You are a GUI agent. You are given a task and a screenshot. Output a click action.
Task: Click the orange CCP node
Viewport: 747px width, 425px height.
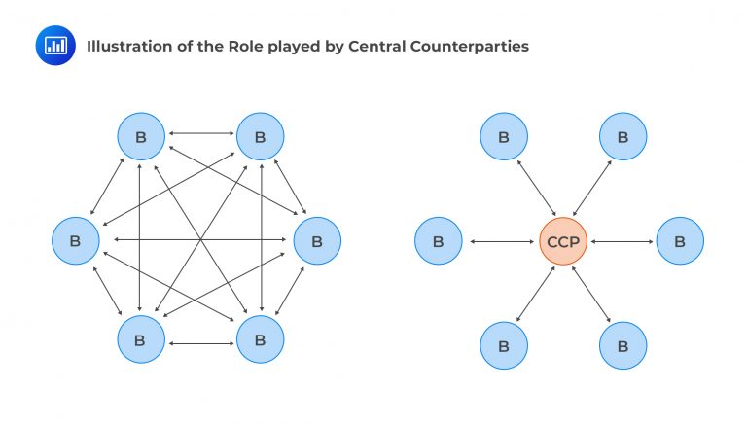pyautogui.click(x=563, y=241)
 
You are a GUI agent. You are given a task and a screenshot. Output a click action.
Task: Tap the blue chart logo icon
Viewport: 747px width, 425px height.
pyautogui.click(x=55, y=46)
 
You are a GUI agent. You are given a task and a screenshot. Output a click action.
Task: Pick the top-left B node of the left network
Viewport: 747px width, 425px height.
pyautogui.click(x=141, y=137)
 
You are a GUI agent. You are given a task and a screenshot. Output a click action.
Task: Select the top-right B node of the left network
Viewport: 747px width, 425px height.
pyautogui.click(x=260, y=137)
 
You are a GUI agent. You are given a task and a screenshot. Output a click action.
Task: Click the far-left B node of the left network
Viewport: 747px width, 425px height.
pyautogui.click(x=76, y=240)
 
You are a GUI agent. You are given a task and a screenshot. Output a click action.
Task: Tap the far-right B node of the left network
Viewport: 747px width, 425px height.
pyautogui.click(x=317, y=240)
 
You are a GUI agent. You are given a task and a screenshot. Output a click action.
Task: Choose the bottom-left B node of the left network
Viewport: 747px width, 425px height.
pyautogui.click(x=141, y=340)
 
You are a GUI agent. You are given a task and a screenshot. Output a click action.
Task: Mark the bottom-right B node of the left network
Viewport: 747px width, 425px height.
pyautogui.click(x=260, y=340)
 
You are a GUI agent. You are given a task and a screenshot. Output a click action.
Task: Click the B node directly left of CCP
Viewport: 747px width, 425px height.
pyautogui.click(x=438, y=241)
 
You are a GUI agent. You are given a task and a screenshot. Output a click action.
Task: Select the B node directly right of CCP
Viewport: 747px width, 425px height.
pyautogui.click(x=680, y=241)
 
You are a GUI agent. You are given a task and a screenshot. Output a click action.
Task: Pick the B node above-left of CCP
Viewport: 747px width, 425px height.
pyautogui.click(x=504, y=137)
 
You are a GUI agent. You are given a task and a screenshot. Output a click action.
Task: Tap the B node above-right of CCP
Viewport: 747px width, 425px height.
pyautogui.click(x=622, y=137)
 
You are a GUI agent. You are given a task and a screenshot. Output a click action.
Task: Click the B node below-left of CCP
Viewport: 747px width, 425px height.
pyautogui.click(x=504, y=345)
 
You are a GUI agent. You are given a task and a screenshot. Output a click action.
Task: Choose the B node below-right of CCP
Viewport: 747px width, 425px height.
pyautogui.click(x=622, y=345)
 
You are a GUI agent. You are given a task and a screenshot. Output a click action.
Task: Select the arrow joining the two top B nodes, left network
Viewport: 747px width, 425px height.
pyautogui.click(x=200, y=132)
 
